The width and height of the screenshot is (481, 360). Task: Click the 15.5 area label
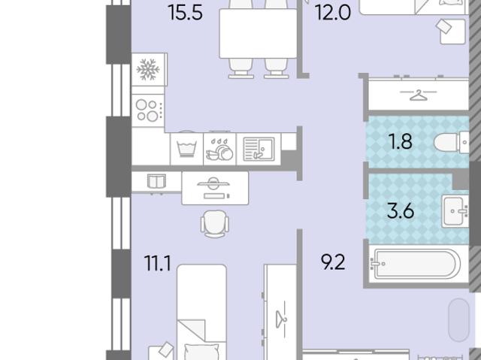pos(186,13)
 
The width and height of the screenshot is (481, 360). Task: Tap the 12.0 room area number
pos(333,13)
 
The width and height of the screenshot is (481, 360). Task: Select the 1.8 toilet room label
pos(400,141)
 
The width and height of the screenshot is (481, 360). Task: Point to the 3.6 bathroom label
pos(401,211)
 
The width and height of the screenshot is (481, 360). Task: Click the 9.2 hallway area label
pos(333,262)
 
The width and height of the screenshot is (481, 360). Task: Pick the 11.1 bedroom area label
pos(158,263)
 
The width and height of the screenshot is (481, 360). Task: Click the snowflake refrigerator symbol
pos(148,69)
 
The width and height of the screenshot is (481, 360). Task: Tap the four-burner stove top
pos(149,110)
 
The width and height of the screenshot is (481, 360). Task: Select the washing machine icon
pos(186,148)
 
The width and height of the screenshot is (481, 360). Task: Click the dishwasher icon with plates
pos(219,150)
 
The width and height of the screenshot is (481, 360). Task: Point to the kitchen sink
pos(259,149)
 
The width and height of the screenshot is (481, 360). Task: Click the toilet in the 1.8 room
pos(452,142)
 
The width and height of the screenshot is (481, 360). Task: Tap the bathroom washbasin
pos(455,211)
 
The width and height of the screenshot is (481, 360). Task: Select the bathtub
pos(416,265)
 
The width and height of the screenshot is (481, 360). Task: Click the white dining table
pos(259,33)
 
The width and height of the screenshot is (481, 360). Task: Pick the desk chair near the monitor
pos(215,224)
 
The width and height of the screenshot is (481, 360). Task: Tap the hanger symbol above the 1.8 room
pos(419,95)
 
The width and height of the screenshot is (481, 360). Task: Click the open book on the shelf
pos(157,180)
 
